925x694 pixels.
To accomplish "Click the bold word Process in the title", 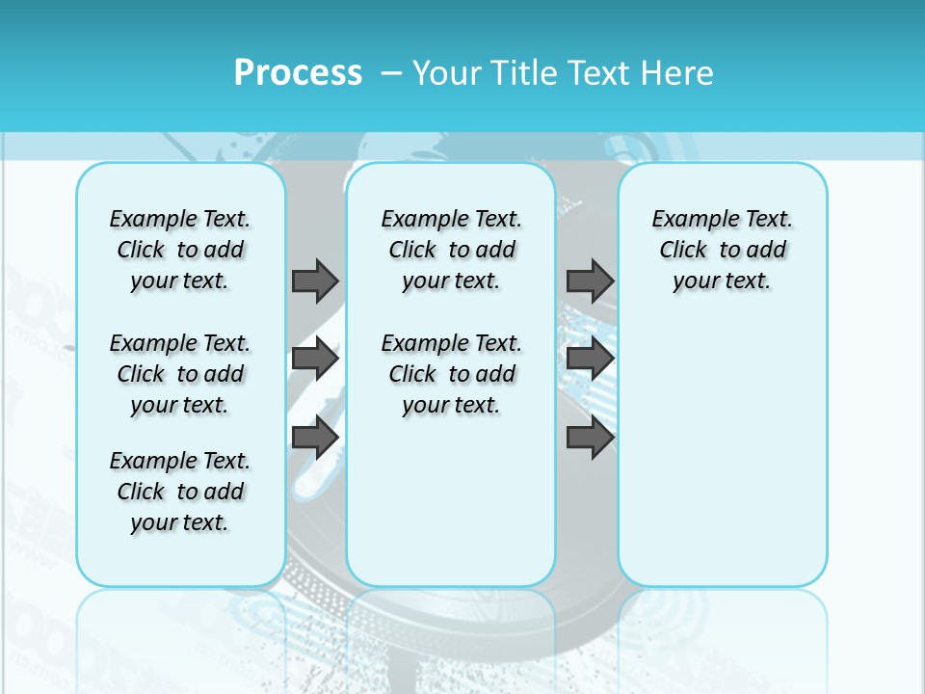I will (298, 73).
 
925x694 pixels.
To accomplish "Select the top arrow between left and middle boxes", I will (315, 280).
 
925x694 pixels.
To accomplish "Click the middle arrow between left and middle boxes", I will (315, 359).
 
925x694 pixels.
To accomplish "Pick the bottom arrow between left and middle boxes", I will (315, 438).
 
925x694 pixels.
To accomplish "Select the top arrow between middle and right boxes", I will (590, 280).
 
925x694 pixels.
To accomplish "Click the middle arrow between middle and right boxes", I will (590, 359).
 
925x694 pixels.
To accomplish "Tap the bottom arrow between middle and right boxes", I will (590, 438).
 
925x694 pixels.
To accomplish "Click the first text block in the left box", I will (180, 250).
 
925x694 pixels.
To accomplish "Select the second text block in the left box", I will (180, 374).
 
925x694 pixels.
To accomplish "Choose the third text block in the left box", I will (180, 492).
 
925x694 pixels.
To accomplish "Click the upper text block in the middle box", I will (451, 250).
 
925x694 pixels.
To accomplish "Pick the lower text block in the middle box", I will (451, 374).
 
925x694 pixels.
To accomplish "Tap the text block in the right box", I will (722, 250).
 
